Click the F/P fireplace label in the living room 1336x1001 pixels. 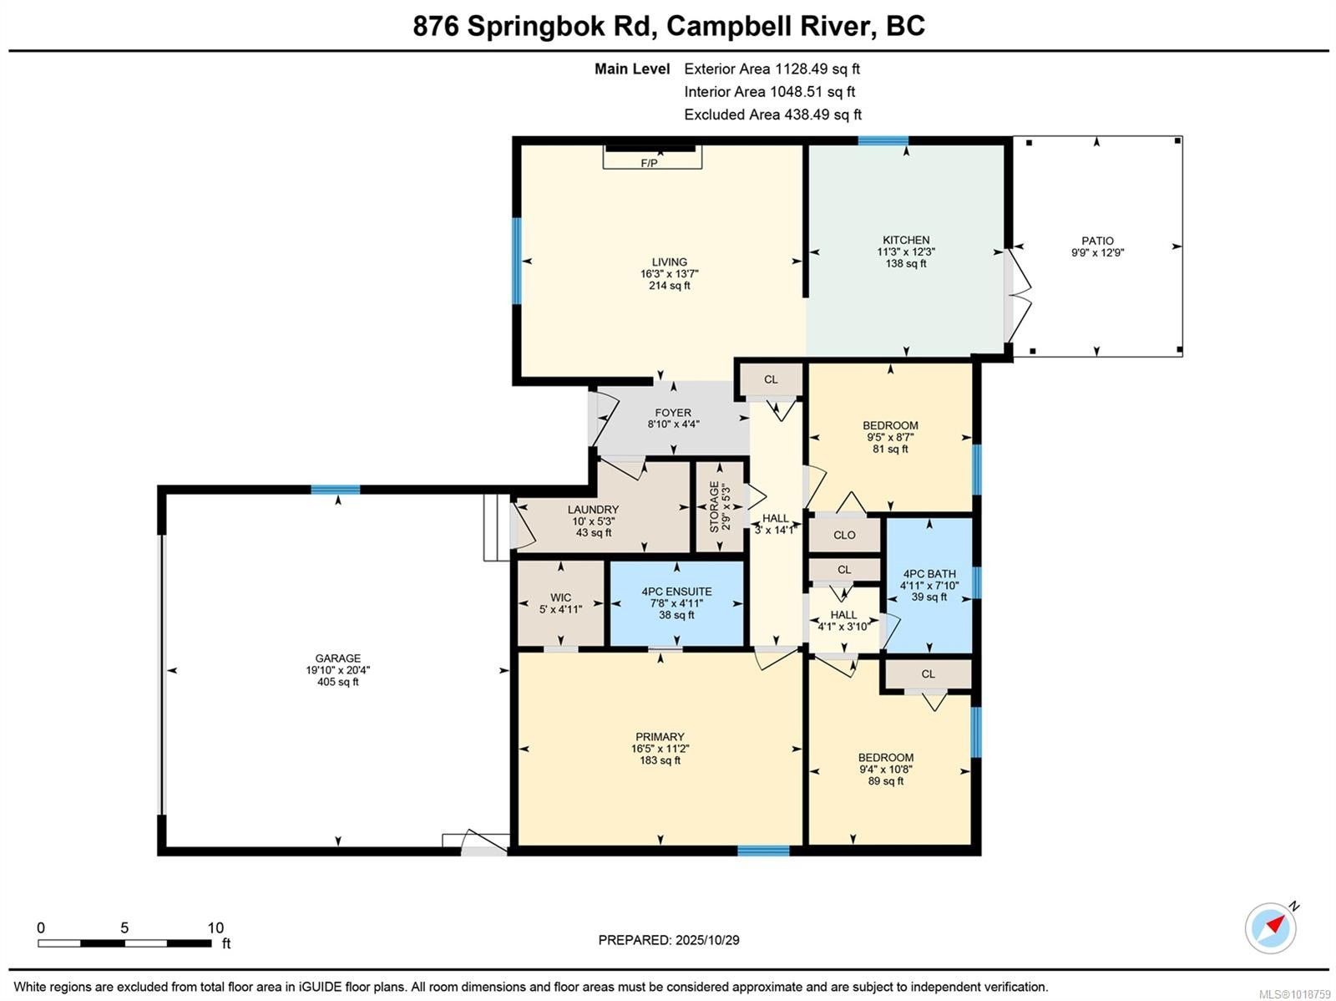649,163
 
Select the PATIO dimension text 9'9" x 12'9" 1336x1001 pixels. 1097,252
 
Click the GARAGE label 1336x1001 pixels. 337,658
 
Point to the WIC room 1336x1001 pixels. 560,602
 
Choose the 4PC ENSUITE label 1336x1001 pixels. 676,592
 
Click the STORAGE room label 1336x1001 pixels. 715,507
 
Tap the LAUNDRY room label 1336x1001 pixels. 593,510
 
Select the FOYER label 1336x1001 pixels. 673,413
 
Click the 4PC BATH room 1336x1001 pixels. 929,584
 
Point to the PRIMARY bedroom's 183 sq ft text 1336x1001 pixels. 660,760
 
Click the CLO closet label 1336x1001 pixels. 844,535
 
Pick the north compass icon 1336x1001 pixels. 1271,927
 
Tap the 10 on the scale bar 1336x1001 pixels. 215,927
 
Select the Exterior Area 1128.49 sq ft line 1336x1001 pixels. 772,69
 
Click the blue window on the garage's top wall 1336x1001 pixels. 336,490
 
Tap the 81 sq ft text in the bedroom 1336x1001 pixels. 890,449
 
